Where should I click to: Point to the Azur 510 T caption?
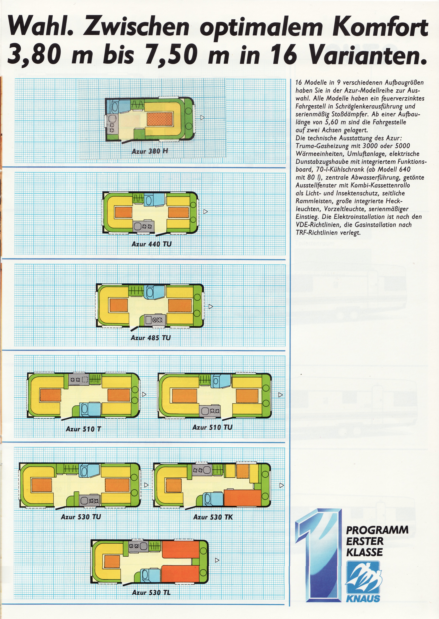(x=83, y=429)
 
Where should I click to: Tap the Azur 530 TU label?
(x=81, y=517)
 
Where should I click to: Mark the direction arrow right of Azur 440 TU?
(x=205, y=211)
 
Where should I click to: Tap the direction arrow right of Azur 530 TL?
(x=217, y=560)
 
